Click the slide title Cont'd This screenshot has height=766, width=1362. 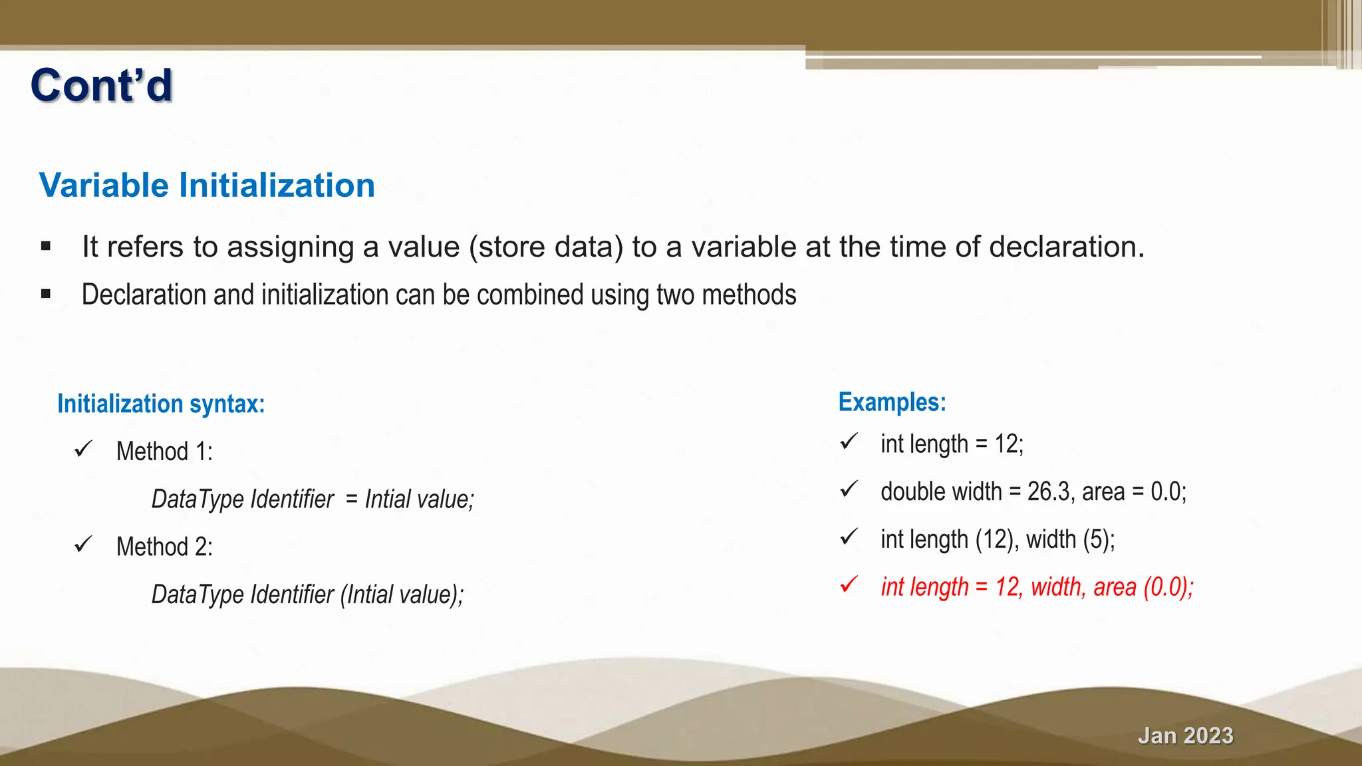(x=102, y=86)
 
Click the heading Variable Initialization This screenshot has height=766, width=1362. (x=207, y=186)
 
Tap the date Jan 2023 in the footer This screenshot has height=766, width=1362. (x=1185, y=735)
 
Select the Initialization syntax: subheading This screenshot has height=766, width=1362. (x=161, y=404)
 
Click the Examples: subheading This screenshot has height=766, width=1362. (x=892, y=402)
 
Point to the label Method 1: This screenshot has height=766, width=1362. (x=164, y=451)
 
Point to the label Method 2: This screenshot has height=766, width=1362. (x=164, y=547)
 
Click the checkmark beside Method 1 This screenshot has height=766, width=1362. (x=83, y=449)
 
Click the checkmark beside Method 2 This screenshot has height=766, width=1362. (x=83, y=545)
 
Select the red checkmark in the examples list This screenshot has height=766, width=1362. (x=849, y=584)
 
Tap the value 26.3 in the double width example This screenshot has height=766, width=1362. (x=1049, y=492)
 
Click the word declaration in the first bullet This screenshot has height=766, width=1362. (x=1066, y=247)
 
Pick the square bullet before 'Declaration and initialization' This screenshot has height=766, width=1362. (x=45, y=294)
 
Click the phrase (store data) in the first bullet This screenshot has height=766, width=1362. (x=546, y=247)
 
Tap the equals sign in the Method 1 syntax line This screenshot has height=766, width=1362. (x=351, y=499)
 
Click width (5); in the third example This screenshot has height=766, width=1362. (x=1070, y=539)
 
